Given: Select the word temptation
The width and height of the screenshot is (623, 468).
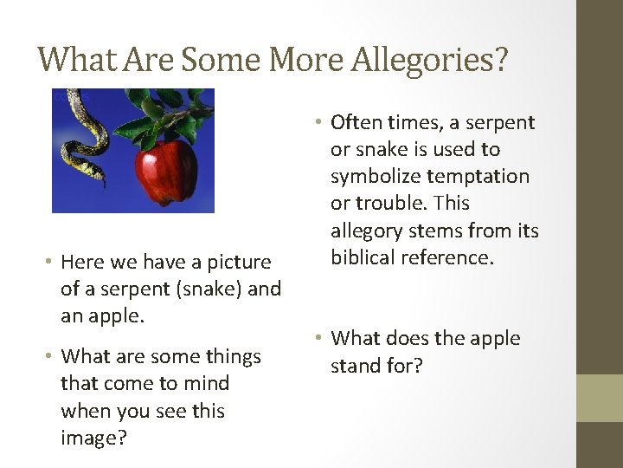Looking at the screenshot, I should point(479,177).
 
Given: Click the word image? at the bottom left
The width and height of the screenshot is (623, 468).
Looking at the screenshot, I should point(94,439).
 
